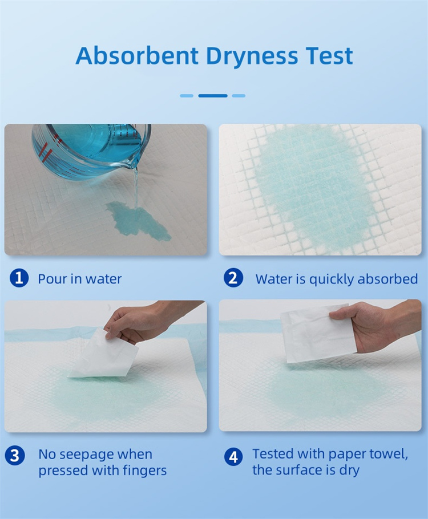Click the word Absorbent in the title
pos(137,55)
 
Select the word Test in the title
pos(329,55)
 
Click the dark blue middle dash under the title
pos(213,96)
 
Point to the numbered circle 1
pos(19,278)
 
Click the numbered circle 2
pos(233,278)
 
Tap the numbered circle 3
pos(15,456)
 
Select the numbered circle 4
pos(233,457)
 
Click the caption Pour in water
pos(80,279)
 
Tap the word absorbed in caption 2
pos(387,279)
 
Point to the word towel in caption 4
pos(388,453)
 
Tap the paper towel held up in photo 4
pos(317,333)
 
